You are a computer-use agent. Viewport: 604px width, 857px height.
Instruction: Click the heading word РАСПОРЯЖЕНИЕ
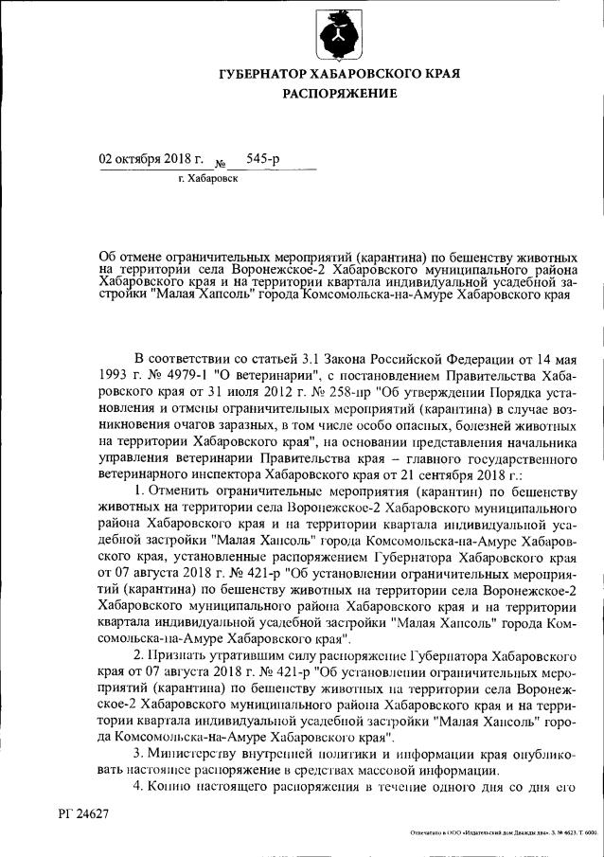click(339, 94)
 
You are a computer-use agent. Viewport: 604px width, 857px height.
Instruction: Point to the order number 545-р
click(262, 158)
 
